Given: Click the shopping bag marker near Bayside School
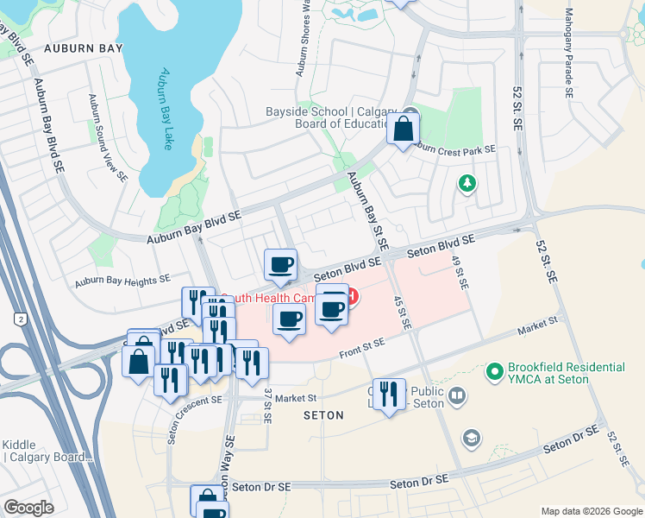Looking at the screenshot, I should click(x=403, y=130).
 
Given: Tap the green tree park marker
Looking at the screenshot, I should click(x=467, y=183).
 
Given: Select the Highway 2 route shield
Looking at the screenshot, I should click(x=18, y=319).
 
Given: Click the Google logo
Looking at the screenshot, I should click(x=28, y=507).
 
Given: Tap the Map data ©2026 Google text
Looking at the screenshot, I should click(x=590, y=511).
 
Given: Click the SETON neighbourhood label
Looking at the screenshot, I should click(x=322, y=415).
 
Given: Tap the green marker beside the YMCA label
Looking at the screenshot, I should click(x=494, y=373).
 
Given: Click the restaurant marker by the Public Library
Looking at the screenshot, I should click(x=389, y=395).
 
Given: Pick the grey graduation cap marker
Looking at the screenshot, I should click(x=470, y=438).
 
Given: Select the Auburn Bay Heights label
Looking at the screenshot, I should click(x=122, y=281).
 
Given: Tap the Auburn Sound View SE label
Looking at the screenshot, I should click(x=108, y=138).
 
